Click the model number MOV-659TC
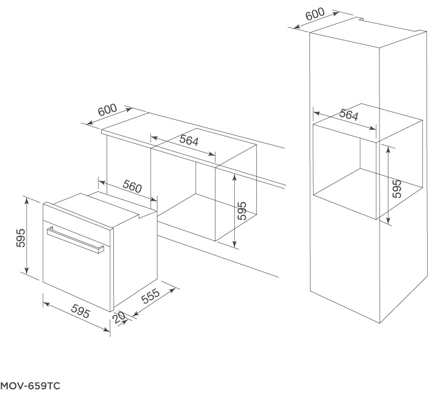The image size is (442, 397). pos(30,386)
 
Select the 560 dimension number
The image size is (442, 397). pos(132,186)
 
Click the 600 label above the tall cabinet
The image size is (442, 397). pos(315,14)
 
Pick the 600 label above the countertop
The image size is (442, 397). pos(107,110)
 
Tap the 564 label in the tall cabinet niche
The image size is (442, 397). pos(349,114)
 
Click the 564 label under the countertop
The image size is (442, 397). pos(189,140)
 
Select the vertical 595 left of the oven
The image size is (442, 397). pos(20,238)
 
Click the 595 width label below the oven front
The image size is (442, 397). pos(81,311)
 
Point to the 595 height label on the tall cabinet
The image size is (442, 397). pos(397,189)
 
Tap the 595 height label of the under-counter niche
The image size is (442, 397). pos(242,211)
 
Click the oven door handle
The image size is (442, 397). pos(76,241)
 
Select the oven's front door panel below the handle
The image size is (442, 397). pos(77,271)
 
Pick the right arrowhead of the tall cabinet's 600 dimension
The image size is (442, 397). pos(335,13)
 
